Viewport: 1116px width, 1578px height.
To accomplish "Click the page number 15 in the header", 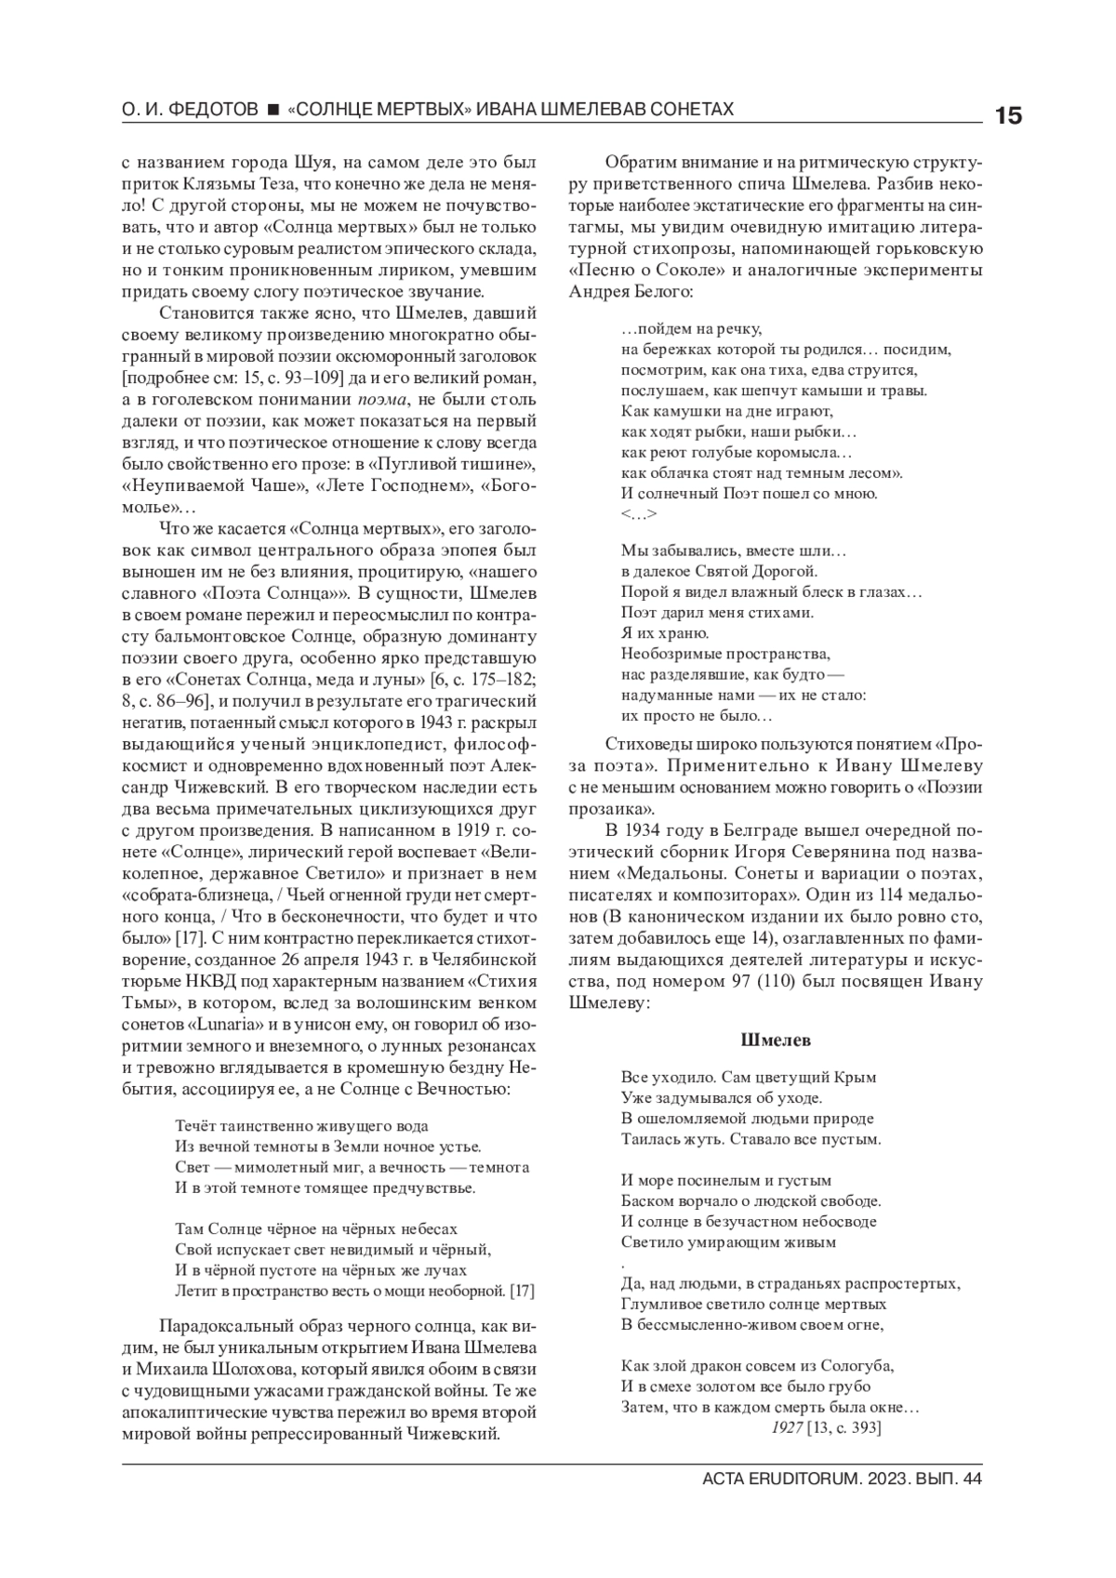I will [x=1008, y=116].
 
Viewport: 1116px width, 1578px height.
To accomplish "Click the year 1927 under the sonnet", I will [x=787, y=1427].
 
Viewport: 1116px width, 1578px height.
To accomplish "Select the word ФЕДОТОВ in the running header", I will [x=212, y=110].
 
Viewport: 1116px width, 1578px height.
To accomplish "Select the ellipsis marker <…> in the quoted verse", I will [x=639, y=514].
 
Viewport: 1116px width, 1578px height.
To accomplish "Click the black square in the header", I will [x=273, y=110].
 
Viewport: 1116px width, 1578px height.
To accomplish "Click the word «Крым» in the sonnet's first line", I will [x=857, y=1078].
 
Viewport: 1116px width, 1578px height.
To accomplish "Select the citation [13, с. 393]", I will [x=844, y=1427].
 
